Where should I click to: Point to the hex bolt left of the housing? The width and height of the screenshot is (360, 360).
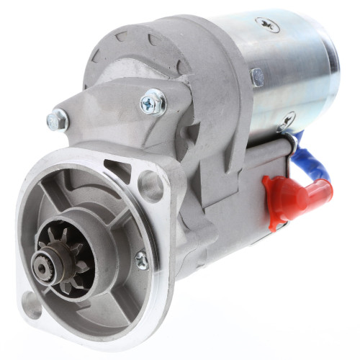(x=57, y=120)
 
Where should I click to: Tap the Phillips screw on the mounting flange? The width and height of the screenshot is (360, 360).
(x=142, y=260)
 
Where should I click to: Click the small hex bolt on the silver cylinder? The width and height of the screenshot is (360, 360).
(x=257, y=76)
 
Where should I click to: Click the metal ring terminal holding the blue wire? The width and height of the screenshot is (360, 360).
(x=291, y=134)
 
